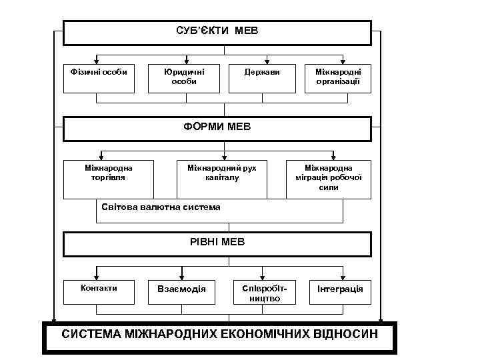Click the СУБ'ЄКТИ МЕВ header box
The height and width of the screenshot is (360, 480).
(x=217, y=32)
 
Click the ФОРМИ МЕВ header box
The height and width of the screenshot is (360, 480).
(x=217, y=128)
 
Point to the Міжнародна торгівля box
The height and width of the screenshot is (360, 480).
(x=109, y=179)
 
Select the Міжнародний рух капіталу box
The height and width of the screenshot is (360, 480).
(x=222, y=179)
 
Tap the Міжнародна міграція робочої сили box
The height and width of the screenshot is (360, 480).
(x=329, y=179)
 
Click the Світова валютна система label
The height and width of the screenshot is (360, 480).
(x=161, y=207)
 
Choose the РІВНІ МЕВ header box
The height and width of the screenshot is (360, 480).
(x=217, y=243)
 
